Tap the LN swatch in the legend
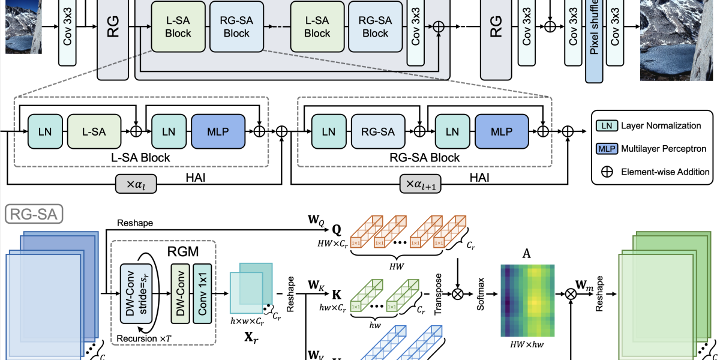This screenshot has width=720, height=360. [607, 125]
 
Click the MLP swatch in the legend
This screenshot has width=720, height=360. [607, 148]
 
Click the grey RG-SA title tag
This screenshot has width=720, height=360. [35, 212]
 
